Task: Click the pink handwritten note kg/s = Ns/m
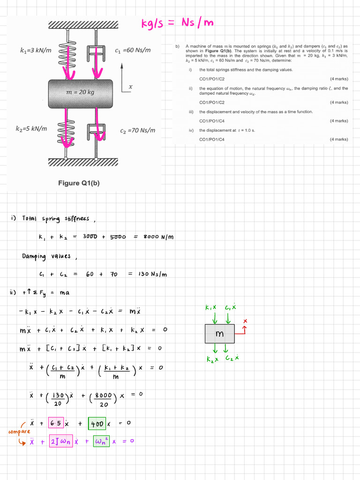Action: click(x=178, y=23)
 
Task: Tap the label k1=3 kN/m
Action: click(x=36, y=50)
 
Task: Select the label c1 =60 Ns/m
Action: click(x=133, y=50)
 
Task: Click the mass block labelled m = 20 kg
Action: click(x=80, y=92)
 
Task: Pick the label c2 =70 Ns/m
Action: click(x=137, y=130)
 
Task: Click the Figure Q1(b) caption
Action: click(x=79, y=183)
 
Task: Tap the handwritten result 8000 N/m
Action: click(x=158, y=237)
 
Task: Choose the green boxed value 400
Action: click(x=97, y=423)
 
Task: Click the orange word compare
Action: click(x=19, y=431)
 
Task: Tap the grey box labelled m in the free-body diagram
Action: click(x=219, y=334)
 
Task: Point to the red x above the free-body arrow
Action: click(x=244, y=321)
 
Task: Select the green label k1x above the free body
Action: click(x=211, y=308)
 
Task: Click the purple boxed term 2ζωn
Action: click(x=62, y=441)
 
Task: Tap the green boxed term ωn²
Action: click(x=101, y=441)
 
